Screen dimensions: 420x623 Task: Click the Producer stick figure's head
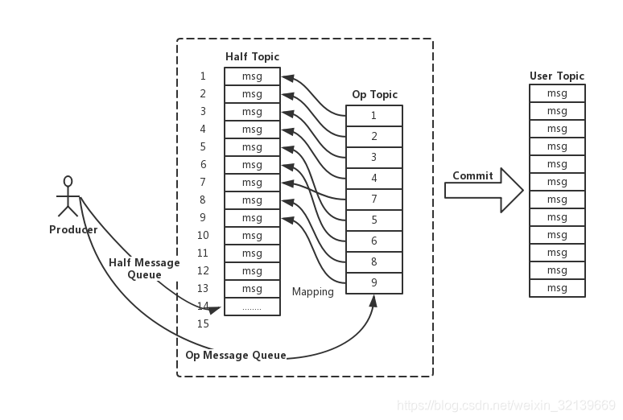tap(68, 181)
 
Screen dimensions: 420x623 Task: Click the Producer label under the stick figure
tap(73, 230)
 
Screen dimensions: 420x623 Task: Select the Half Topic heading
tap(252, 56)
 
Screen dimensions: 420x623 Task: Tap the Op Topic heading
tap(374, 95)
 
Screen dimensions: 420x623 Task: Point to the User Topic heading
tap(557, 76)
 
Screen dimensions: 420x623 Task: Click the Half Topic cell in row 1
tap(252, 76)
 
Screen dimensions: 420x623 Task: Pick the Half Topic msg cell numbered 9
tap(252, 218)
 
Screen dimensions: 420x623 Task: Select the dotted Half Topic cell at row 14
tap(252, 307)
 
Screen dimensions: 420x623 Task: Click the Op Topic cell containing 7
tap(373, 199)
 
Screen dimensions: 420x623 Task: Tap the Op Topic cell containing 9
tap(373, 282)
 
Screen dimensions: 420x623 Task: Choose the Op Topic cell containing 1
tap(373, 115)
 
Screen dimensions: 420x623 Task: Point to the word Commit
tap(472, 176)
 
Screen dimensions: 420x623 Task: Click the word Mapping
tap(312, 292)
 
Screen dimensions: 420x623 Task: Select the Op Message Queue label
tap(236, 355)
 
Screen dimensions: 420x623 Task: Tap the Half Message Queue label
tap(144, 269)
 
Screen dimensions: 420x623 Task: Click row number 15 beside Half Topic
tap(203, 324)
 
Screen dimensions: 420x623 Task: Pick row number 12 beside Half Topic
tap(203, 271)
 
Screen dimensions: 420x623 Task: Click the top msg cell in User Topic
tap(557, 93)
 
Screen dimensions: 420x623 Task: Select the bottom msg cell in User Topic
tap(557, 288)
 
